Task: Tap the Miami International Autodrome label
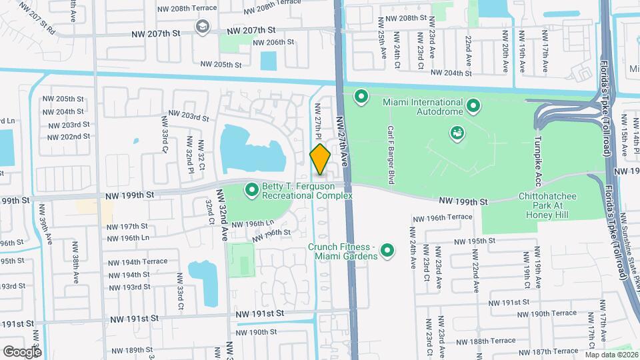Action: coord(423,107)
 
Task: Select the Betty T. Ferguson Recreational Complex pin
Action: coord(252,191)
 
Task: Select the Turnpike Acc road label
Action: coord(536,163)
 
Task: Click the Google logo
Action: coord(21,351)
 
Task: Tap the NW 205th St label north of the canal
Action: coord(221,65)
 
